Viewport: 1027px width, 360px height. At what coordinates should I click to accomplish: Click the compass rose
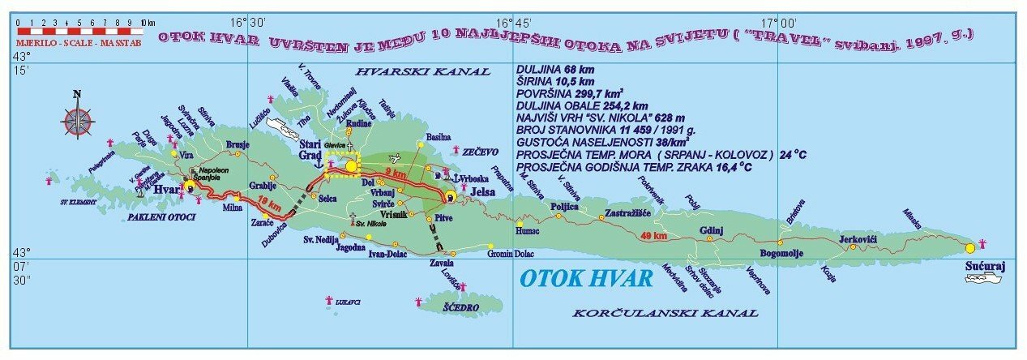click(77, 118)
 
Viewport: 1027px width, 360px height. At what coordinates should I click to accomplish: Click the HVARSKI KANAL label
click(439, 71)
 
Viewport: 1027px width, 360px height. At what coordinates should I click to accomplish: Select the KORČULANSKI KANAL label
click(665, 312)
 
